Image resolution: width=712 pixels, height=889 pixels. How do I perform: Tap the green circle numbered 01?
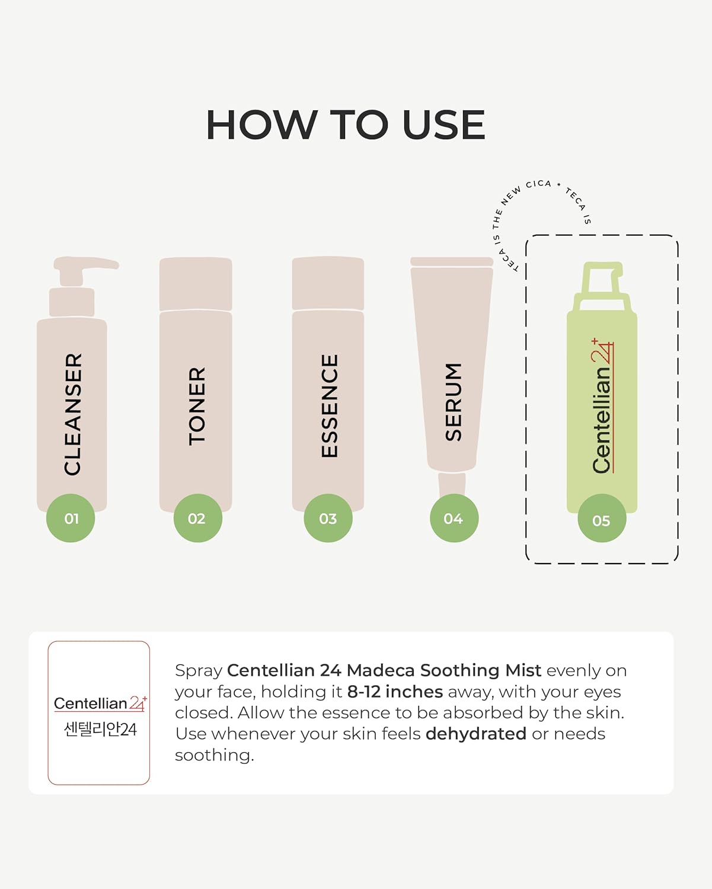[x=71, y=519]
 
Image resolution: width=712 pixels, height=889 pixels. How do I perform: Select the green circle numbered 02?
[x=197, y=519]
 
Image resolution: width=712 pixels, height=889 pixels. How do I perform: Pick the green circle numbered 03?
[x=328, y=519]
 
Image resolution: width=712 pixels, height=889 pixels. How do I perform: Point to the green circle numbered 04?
[x=454, y=519]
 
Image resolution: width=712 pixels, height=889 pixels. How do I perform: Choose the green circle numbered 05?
[x=602, y=520]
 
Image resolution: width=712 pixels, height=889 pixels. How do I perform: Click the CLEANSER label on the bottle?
[x=73, y=414]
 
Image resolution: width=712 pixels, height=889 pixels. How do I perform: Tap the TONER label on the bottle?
[x=197, y=406]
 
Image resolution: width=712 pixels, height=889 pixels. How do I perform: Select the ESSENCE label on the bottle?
[x=329, y=406]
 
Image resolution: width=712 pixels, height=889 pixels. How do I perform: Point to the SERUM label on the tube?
[x=454, y=402]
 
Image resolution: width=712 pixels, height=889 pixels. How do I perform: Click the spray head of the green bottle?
[x=602, y=284]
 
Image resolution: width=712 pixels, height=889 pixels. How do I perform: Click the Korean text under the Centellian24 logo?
[x=100, y=729]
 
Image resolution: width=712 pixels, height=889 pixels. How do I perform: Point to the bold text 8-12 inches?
[x=395, y=692]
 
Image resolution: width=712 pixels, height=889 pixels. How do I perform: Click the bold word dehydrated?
[x=475, y=734]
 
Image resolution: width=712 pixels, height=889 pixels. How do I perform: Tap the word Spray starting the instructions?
[x=198, y=671]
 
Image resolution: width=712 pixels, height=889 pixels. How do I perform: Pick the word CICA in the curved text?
[x=538, y=184]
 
